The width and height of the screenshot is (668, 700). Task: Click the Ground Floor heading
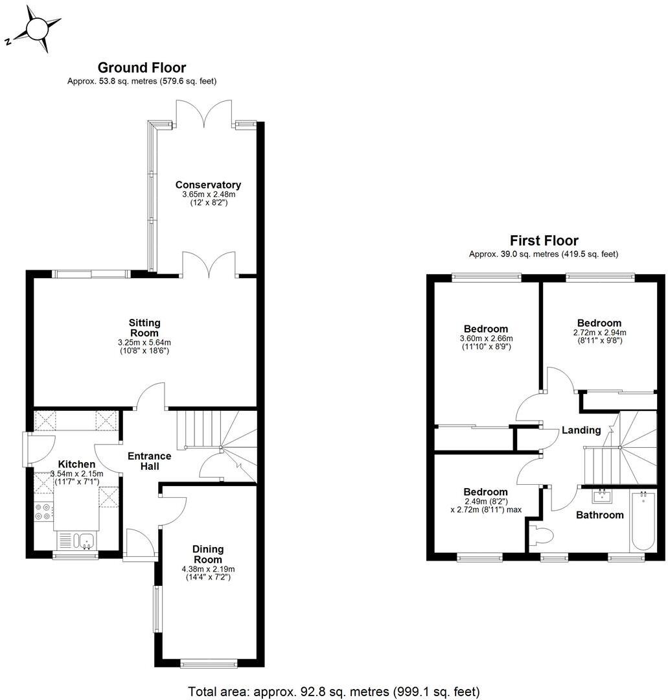pos(141,67)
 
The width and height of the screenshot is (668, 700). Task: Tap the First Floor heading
pos(544,240)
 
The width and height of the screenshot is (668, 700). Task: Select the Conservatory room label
pos(208,185)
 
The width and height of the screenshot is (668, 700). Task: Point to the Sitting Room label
pos(144,327)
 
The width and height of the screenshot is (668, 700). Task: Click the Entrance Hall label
pos(149,461)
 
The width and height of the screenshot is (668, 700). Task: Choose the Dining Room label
pos(207,554)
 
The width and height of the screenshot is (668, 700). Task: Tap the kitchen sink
pos(76,539)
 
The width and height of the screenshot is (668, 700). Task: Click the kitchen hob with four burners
pos(43,511)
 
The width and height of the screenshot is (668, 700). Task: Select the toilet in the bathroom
pos(541,536)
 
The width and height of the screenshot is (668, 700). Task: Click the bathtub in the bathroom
pos(642,522)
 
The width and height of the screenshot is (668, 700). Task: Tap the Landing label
pos(581,430)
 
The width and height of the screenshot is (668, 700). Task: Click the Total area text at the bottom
pos(334,691)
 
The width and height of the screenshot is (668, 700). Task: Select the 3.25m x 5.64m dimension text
pos(144,342)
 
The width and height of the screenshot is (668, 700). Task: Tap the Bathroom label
pos(600,515)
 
